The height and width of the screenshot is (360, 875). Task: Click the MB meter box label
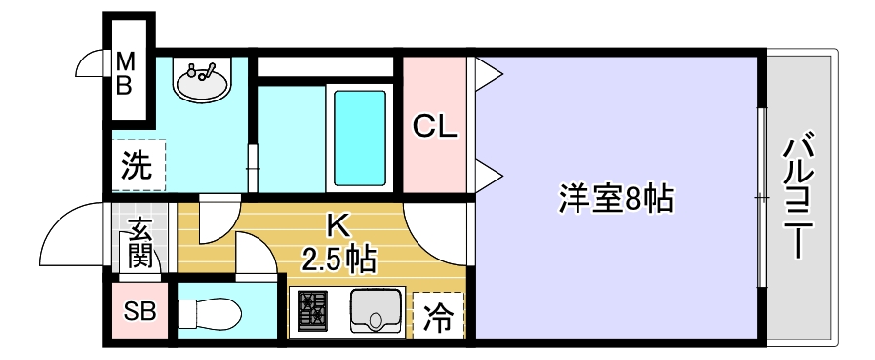coord(125,73)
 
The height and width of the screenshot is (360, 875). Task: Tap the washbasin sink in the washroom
coord(203,78)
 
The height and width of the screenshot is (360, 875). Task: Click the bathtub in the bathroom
coord(359,137)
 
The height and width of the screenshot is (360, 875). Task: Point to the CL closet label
coord(435,127)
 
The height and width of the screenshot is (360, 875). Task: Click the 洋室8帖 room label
coord(616,199)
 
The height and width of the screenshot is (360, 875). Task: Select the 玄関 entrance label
coord(139,244)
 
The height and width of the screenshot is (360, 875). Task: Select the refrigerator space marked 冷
coord(439,314)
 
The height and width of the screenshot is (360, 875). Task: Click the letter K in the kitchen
coord(335,226)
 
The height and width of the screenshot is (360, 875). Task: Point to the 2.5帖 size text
coord(338,260)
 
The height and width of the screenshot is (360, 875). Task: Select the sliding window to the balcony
coord(760,198)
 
